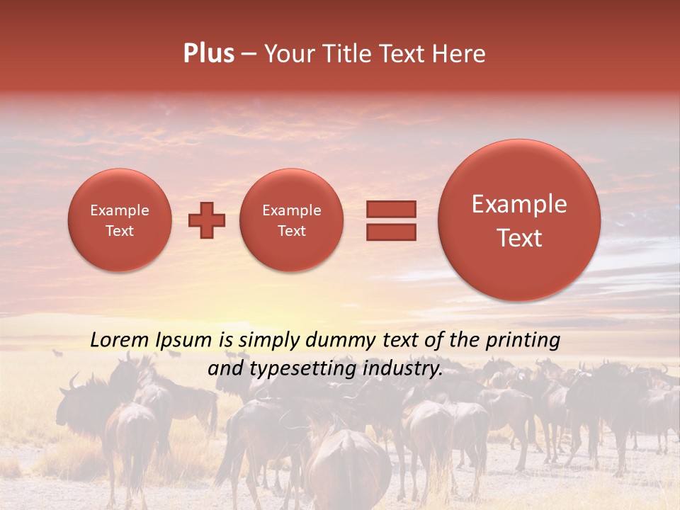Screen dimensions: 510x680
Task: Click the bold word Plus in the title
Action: [208, 54]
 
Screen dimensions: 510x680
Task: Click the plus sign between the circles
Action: [207, 220]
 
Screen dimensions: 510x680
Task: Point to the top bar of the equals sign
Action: [390, 209]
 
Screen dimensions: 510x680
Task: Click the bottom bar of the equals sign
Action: [390, 232]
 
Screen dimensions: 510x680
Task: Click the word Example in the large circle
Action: [519, 205]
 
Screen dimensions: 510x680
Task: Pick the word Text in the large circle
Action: [519, 238]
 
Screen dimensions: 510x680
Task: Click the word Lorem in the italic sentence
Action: [118, 340]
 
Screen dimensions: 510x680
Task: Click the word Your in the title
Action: [285, 54]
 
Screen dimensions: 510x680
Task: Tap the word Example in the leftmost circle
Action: [120, 210]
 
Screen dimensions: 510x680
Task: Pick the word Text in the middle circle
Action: [292, 231]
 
